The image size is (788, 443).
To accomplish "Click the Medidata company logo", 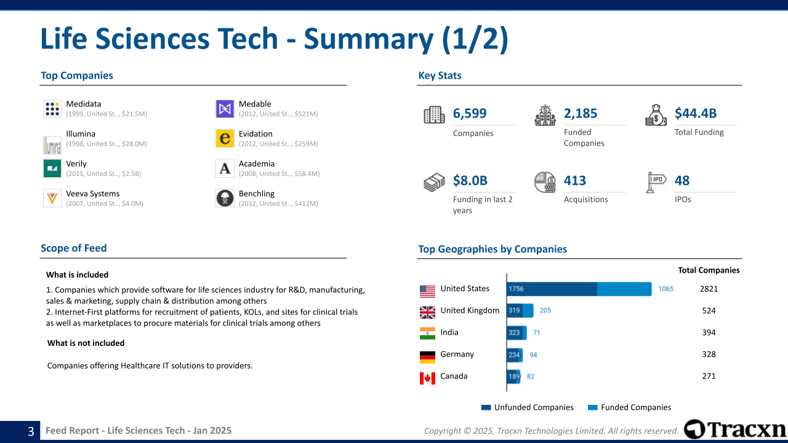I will click(x=52, y=109).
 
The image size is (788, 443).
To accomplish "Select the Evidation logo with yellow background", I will click(x=225, y=138).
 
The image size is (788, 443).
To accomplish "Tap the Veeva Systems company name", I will click(x=93, y=194).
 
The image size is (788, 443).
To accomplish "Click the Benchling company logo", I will click(x=225, y=198).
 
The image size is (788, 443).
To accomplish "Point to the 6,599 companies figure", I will click(x=470, y=113).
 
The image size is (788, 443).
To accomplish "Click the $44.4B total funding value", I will click(x=696, y=113).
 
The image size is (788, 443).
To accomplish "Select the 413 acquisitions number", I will click(x=575, y=181).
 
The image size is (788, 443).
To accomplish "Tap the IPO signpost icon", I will click(x=656, y=182).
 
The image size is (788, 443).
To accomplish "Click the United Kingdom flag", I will click(x=427, y=312).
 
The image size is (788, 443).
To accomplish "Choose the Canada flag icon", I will click(x=427, y=378).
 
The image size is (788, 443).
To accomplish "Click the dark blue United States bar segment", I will click(x=552, y=289).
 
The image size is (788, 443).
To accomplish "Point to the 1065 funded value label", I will click(x=665, y=289).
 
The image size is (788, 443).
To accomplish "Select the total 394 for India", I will click(x=709, y=333).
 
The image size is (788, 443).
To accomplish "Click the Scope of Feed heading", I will click(x=74, y=249).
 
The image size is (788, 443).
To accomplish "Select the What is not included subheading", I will click(x=86, y=343).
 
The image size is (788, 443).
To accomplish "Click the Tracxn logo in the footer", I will click(x=735, y=429).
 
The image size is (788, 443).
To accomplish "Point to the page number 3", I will click(x=31, y=431).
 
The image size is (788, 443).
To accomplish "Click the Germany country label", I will click(x=457, y=354).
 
